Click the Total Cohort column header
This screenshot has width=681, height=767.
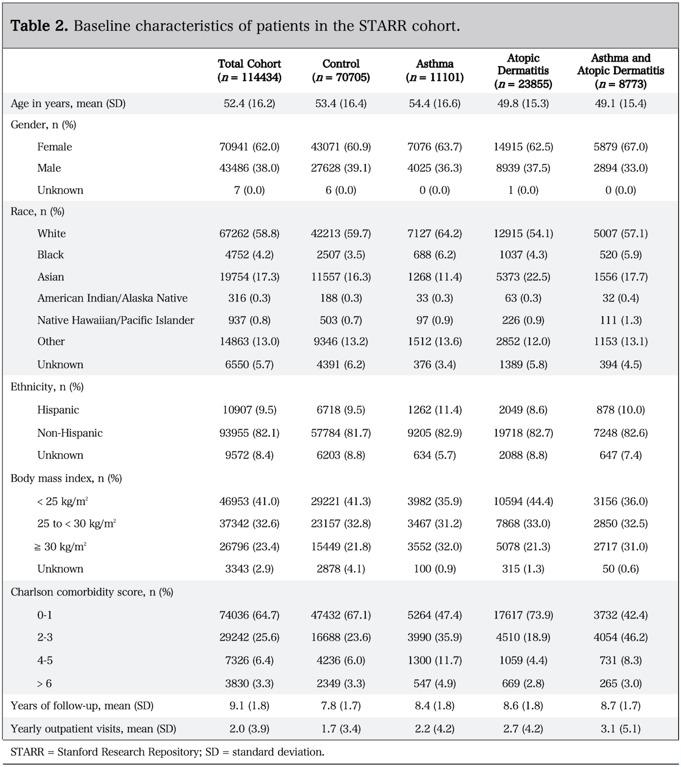coord(249,71)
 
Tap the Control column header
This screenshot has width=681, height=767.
coord(341,71)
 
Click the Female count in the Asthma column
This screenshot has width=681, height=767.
coord(435,147)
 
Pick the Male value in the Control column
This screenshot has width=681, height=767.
coord(341,168)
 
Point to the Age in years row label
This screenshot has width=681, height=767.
coord(68,104)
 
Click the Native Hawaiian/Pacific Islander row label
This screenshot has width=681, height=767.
coord(116,320)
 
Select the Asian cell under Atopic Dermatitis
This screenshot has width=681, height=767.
coord(523,277)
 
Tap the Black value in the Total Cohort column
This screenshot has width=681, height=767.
coord(249,255)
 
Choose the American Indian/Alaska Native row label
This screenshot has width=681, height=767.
coord(112,298)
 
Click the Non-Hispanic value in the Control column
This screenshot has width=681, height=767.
coord(341,433)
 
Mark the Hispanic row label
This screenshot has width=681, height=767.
coord(58,410)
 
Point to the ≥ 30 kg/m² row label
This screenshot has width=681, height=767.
coord(60,547)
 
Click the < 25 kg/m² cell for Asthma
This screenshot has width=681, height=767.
coord(435,501)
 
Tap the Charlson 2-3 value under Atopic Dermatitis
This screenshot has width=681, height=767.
coord(523,637)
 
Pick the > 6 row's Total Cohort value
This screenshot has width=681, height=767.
coord(249,683)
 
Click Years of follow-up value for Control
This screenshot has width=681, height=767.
coord(341,706)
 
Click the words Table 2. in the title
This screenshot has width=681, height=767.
coord(39,26)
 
